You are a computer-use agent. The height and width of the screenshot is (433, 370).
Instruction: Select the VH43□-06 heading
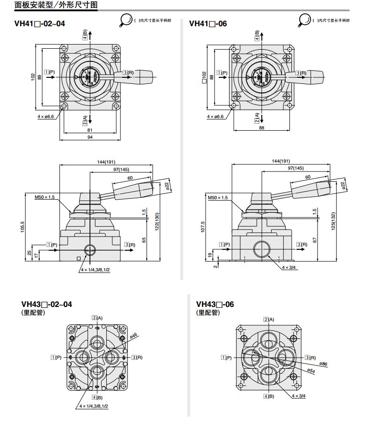click(215, 304)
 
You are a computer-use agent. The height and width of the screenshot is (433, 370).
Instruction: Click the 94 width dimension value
click(90, 137)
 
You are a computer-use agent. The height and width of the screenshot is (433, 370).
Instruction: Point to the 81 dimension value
click(90, 130)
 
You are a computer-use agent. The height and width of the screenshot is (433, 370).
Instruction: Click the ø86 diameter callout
click(323, 364)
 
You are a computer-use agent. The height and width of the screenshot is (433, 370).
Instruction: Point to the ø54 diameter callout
click(311, 370)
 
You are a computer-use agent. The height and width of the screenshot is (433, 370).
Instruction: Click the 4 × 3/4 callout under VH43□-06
click(298, 396)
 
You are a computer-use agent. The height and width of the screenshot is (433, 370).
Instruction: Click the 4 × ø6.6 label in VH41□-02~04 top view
click(45, 116)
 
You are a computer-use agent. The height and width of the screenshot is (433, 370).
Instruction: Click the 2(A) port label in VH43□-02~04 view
click(97, 318)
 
